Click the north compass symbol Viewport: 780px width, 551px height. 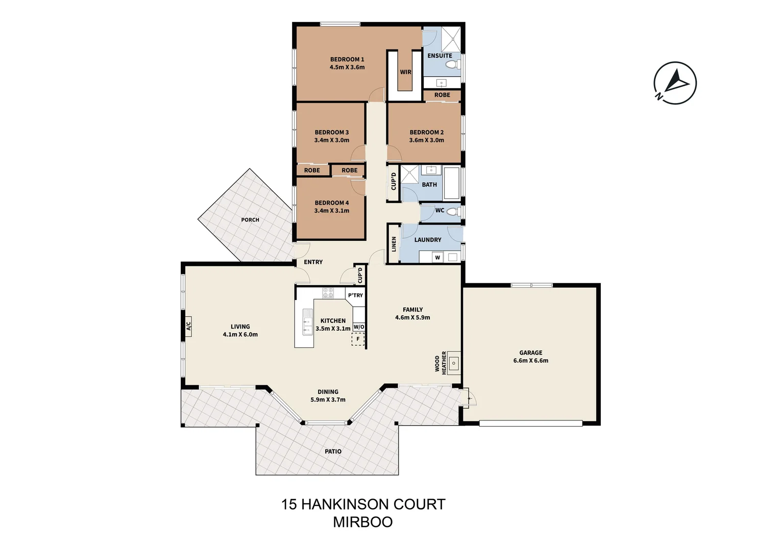click(675, 83)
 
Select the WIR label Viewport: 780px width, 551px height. click(406, 72)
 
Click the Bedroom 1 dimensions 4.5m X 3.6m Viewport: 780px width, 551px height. click(347, 67)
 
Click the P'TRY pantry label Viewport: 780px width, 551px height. click(355, 295)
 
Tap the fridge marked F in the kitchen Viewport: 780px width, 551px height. click(358, 339)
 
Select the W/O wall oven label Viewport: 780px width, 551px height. click(359, 327)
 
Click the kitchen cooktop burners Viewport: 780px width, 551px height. click(328, 293)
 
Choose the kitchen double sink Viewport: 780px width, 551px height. click(307, 322)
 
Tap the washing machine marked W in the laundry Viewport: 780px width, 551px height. click(437, 258)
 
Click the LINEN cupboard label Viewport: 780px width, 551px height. click(394, 244)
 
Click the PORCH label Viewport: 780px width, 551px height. click(250, 220)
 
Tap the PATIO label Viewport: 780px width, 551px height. click(333, 452)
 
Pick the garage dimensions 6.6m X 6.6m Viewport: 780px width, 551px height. click(531, 361)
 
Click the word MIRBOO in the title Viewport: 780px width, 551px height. click(363, 522)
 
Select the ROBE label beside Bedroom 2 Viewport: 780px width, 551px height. click(442, 95)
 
